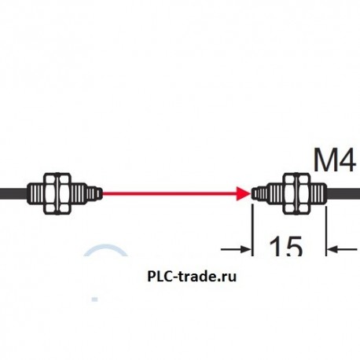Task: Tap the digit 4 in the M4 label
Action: click(x=347, y=162)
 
